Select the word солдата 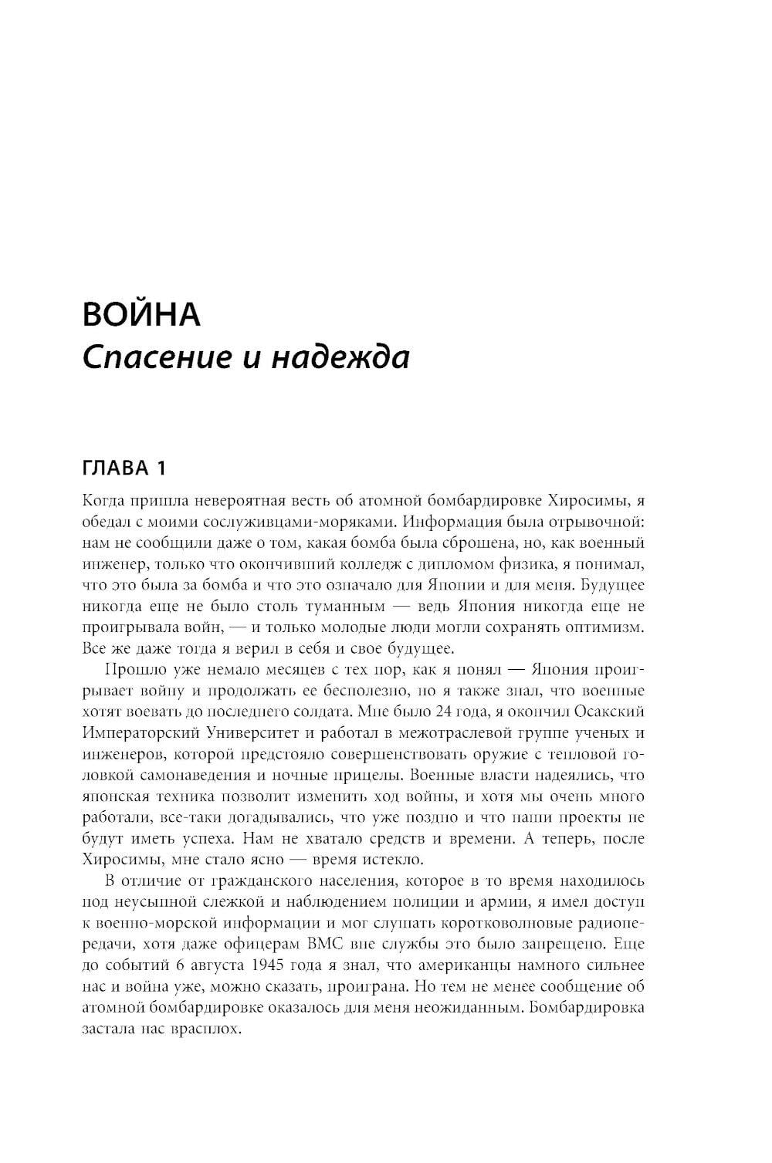point(384,711)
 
